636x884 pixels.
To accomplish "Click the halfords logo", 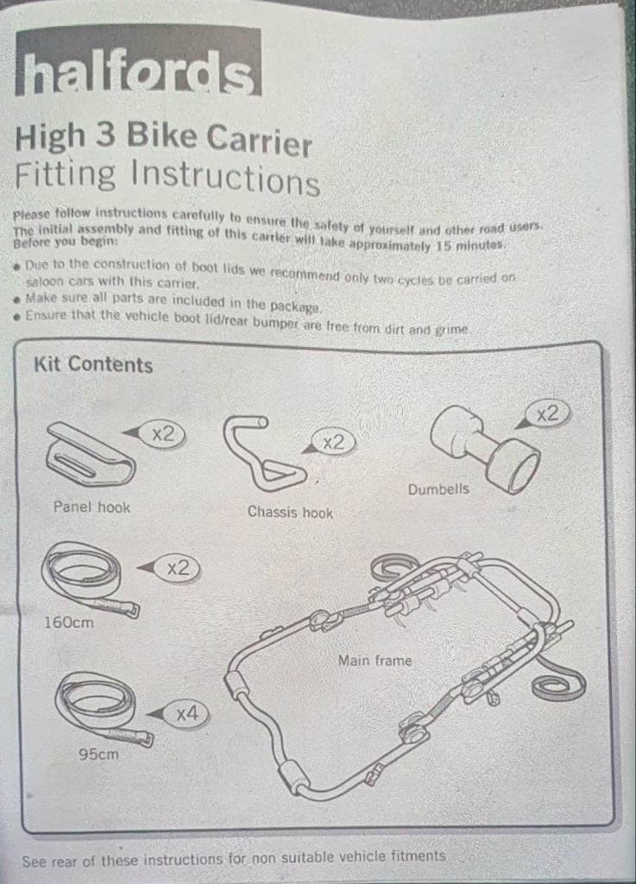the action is (x=138, y=61).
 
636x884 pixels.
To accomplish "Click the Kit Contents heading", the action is (x=93, y=364).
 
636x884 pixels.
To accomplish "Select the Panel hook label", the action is (x=91, y=507).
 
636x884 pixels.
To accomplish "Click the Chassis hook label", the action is (x=290, y=512).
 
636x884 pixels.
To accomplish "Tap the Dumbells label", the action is (x=438, y=489).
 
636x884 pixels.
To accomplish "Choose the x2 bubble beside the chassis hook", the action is (x=333, y=442).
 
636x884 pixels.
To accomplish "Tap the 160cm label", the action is (x=69, y=622).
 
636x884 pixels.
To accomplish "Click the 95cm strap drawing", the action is (x=104, y=710).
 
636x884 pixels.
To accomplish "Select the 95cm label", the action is (x=98, y=754).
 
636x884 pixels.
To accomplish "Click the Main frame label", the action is (x=375, y=660).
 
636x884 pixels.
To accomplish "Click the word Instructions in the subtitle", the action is (x=225, y=177).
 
